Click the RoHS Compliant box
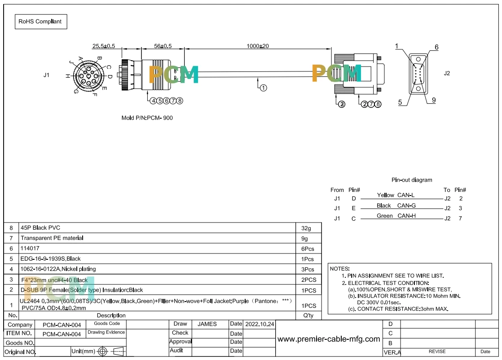tap(41, 22)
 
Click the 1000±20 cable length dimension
tap(258, 46)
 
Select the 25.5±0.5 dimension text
tap(104, 46)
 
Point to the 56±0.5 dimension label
tap(163, 46)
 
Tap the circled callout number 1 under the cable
tap(263, 88)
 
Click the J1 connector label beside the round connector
tap(46, 75)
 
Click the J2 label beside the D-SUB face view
tap(447, 73)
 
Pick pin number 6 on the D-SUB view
tap(436, 47)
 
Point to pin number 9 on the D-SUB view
tap(434, 100)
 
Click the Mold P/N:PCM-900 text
tap(147, 118)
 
